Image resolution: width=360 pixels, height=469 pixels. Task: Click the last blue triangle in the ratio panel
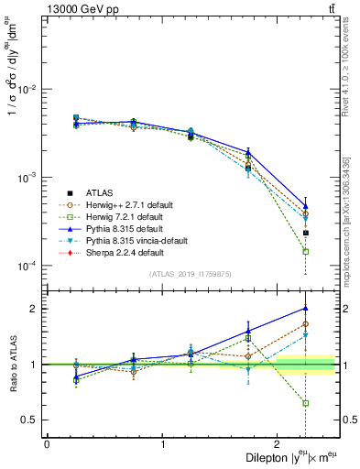305,309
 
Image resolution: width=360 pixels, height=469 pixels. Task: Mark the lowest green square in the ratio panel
305,403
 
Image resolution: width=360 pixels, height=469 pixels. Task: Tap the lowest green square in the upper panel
305,251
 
